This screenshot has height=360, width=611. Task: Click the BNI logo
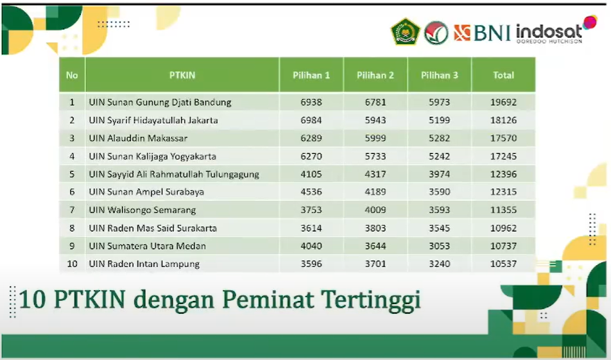(x=482, y=32)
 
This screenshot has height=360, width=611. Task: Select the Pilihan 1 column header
(x=311, y=75)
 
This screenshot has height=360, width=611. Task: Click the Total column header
(x=503, y=75)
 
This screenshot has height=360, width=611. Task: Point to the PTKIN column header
(x=182, y=75)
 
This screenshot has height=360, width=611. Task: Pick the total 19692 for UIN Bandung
(x=503, y=102)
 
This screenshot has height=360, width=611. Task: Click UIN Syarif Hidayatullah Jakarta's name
(x=153, y=121)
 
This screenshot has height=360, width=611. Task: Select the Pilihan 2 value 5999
(x=375, y=139)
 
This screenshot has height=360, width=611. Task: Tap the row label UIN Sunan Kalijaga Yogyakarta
(x=152, y=156)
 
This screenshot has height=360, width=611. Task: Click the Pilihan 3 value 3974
(x=439, y=174)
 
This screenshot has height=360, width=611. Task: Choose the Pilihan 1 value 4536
(x=311, y=192)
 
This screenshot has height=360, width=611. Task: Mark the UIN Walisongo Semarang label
(x=142, y=210)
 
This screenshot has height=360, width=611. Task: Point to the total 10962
(x=503, y=228)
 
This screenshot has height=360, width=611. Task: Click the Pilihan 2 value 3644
(x=375, y=246)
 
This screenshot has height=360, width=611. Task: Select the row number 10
(x=72, y=264)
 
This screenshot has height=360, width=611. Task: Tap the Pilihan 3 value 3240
(x=439, y=264)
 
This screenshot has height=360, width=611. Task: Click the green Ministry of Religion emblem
(x=405, y=31)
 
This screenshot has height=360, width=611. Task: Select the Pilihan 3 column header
(x=439, y=75)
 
